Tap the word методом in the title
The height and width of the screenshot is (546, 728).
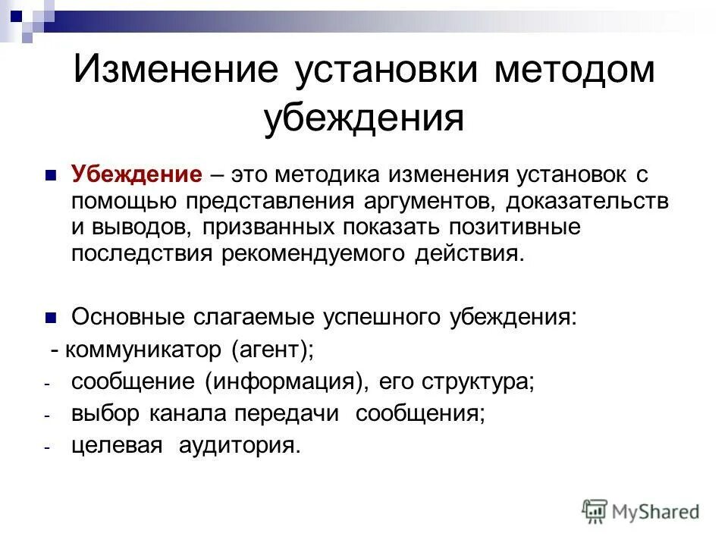(574, 71)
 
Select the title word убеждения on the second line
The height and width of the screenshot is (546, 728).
(363, 118)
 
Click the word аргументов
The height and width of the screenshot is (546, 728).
(424, 201)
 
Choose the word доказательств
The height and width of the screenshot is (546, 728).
(588, 201)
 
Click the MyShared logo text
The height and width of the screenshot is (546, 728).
(657, 512)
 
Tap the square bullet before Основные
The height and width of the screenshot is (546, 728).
(52, 316)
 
